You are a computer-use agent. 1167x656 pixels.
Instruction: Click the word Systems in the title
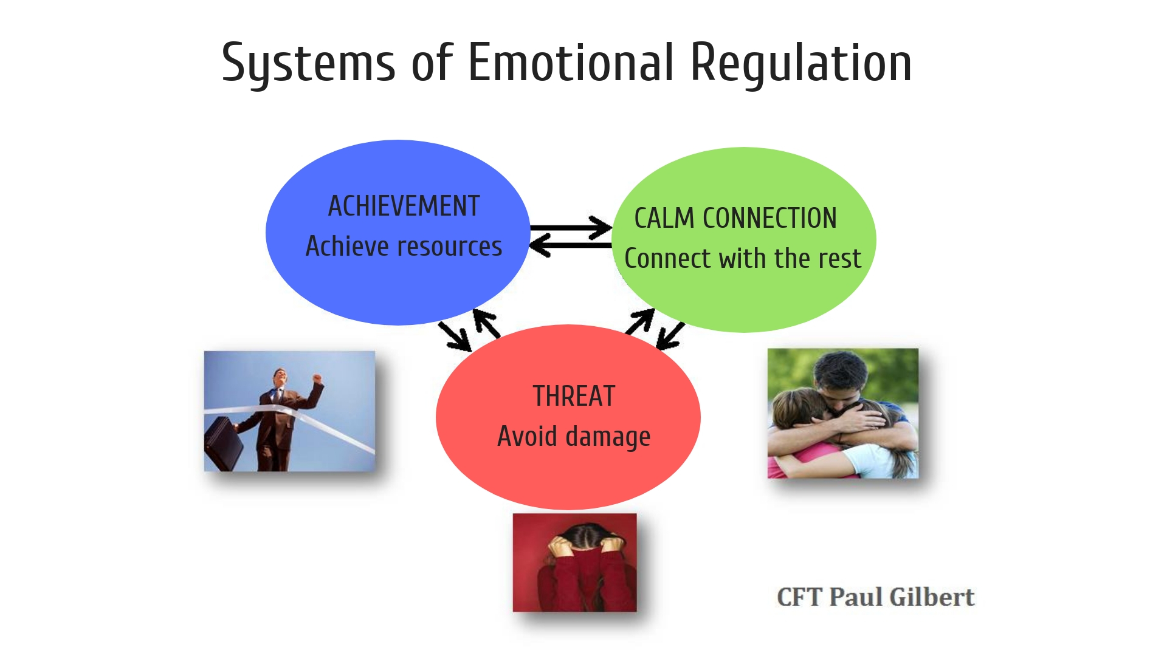[x=308, y=63]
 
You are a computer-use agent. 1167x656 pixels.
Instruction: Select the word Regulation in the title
[x=801, y=63]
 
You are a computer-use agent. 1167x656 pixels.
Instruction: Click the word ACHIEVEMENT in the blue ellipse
[x=404, y=206]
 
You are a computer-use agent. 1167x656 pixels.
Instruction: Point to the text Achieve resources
[x=404, y=246]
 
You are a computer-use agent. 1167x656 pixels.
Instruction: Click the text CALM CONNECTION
[x=735, y=218]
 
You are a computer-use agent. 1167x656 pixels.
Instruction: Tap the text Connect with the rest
[x=743, y=258]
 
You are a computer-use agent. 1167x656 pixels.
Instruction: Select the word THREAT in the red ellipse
[x=574, y=396]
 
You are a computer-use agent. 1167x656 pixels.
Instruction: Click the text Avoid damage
[x=574, y=437]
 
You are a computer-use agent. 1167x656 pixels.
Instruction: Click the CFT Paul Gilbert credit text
[x=875, y=597]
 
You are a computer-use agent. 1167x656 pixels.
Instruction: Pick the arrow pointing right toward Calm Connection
[x=571, y=228]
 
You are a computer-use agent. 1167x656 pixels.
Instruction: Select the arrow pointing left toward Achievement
[x=571, y=245]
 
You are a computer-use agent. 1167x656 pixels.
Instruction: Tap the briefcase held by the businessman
[x=223, y=441]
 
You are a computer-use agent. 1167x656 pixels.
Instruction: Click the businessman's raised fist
[x=317, y=379]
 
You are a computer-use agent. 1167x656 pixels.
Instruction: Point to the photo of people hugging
[x=842, y=413]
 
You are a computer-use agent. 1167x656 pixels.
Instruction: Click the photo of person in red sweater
[x=574, y=562]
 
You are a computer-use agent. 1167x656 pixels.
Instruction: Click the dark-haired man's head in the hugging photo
[x=841, y=377]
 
